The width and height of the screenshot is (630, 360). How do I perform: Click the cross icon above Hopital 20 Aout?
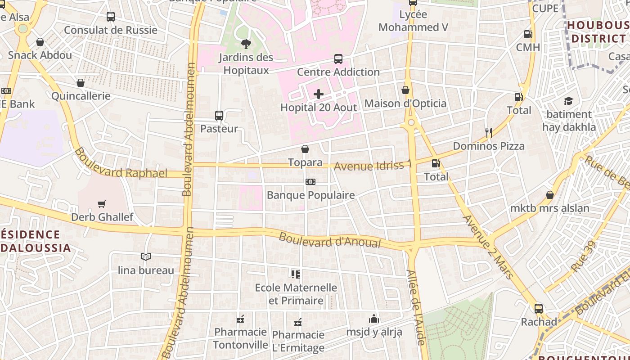(x=319, y=94)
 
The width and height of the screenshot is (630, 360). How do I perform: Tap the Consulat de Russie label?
(x=111, y=30)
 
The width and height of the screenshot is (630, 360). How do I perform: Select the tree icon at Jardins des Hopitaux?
(x=246, y=44)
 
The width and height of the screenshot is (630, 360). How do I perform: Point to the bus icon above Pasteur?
(x=219, y=116)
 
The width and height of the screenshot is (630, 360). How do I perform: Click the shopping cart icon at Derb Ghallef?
(x=102, y=204)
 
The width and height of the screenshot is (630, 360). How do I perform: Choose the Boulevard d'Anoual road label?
(x=330, y=240)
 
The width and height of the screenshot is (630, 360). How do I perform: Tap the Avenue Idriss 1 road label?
(x=373, y=166)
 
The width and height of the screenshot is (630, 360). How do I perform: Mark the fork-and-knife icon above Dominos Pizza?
(x=489, y=132)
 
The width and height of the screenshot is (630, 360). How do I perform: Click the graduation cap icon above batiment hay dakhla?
(x=569, y=101)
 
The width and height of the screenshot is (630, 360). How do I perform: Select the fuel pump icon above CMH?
(x=528, y=34)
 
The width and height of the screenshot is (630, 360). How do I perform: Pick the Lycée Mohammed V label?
(x=413, y=21)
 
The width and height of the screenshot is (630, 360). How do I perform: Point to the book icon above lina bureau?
(x=145, y=257)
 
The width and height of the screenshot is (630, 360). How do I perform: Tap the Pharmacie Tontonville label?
(x=240, y=338)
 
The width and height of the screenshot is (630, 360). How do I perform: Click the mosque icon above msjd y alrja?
(x=374, y=319)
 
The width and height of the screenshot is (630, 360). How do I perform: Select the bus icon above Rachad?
(x=539, y=309)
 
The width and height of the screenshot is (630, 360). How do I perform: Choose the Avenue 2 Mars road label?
(x=488, y=247)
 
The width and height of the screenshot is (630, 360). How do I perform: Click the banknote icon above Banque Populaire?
(x=310, y=182)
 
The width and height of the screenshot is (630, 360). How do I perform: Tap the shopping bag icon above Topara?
(x=305, y=149)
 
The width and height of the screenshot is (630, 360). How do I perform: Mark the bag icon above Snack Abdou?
(x=40, y=42)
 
